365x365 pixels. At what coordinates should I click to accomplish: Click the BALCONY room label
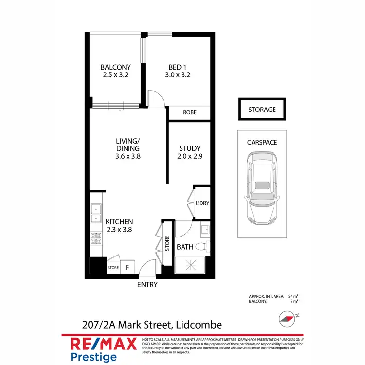click(115, 67)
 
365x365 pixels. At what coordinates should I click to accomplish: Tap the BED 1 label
click(176, 67)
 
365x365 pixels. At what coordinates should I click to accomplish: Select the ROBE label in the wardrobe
click(189, 112)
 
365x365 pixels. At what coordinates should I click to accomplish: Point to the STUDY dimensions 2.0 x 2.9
click(190, 157)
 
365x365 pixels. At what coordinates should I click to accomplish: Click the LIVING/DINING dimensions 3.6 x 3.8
click(128, 157)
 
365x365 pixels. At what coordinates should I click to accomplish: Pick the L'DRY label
click(202, 203)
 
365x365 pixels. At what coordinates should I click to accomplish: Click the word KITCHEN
click(119, 222)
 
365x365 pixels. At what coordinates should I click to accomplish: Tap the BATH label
click(185, 247)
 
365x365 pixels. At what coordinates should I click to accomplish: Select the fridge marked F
click(128, 267)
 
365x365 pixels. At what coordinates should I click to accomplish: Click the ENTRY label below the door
click(147, 285)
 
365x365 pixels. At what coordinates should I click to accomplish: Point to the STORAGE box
click(262, 109)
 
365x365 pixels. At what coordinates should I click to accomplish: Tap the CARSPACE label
click(262, 143)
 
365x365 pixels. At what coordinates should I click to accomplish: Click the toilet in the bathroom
click(204, 247)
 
